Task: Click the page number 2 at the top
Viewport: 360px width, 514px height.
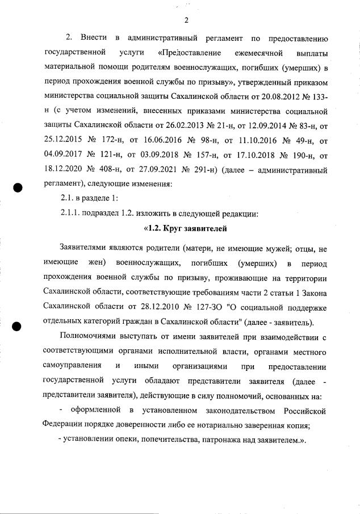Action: point(186,22)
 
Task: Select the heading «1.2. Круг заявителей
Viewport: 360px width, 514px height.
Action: point(185,229)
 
